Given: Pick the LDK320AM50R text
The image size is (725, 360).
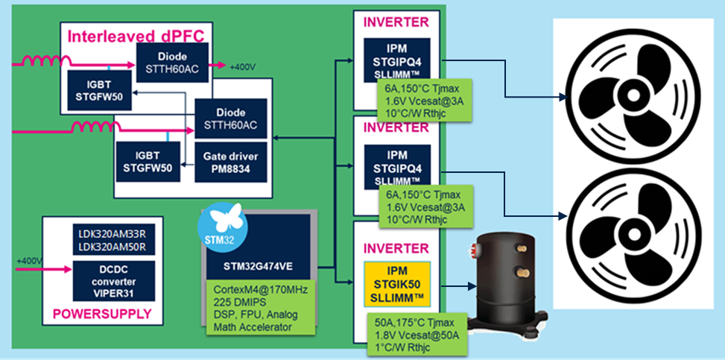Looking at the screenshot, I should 113,247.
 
